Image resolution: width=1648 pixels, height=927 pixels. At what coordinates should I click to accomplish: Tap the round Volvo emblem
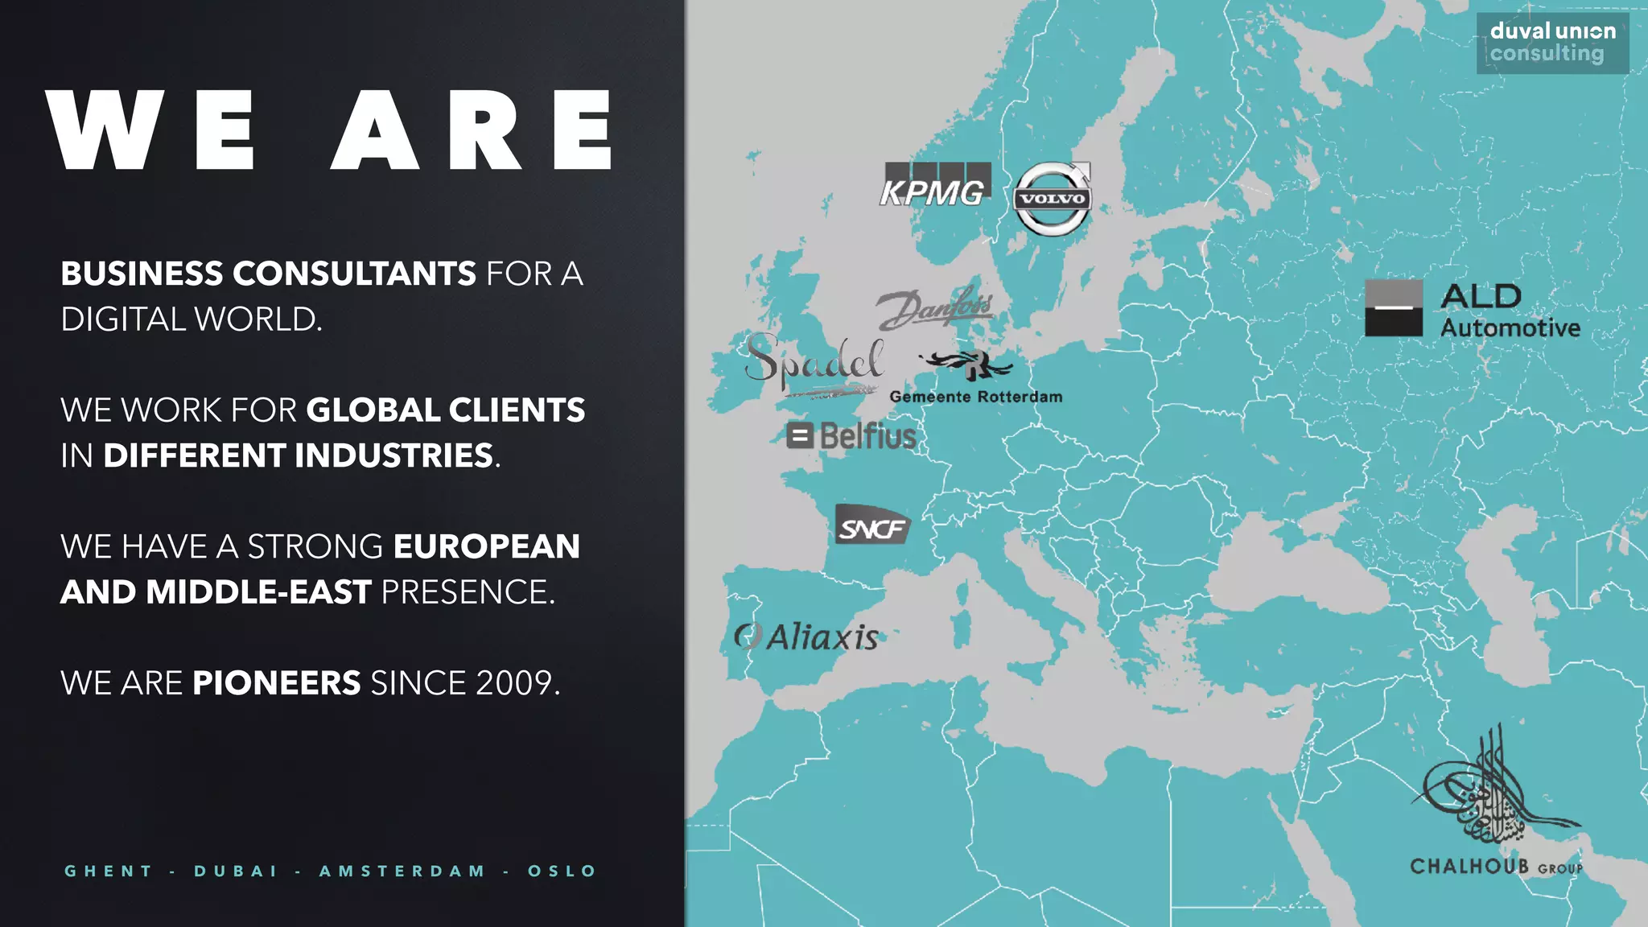[x=1052, y=199]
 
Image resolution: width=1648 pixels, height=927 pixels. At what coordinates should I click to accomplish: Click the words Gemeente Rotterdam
[x=975, y=397]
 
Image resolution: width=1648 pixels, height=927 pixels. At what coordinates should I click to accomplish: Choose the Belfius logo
[x=851, y=436]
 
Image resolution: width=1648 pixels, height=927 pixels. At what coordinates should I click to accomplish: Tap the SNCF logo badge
[x=872, y=526]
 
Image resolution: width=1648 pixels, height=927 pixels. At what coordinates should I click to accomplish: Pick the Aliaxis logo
[x=807, y=637]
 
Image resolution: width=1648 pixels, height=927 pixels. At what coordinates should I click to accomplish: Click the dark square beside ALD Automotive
[x=1393, y=308]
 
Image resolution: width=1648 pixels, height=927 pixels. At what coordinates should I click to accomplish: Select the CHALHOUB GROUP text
[x=1496, y=867]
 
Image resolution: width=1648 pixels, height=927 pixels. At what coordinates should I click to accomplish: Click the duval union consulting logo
[x=1552, y=43]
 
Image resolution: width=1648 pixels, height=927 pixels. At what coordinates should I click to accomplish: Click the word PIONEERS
[x=276, y=683]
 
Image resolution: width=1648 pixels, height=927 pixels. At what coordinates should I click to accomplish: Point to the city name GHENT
[x=109, y=871]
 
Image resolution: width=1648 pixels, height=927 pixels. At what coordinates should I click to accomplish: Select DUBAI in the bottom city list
[x=236, y=871]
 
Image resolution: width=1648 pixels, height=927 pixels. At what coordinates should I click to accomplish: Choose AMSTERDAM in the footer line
[x=402, y=871]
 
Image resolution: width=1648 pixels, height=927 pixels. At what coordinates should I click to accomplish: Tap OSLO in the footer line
[x=562, y=871]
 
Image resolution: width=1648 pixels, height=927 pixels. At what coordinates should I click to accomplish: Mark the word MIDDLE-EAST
[x=258, y=592]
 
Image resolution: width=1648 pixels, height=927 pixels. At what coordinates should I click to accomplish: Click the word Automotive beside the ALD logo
[x=1510, y=328]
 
